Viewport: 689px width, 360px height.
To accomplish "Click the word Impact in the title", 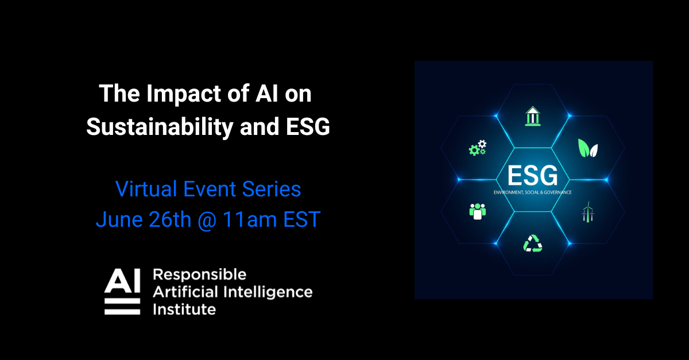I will pos(176,94).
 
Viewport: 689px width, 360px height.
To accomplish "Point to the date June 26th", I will pos(143,219).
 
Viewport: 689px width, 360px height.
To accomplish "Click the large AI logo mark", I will pos(122,291).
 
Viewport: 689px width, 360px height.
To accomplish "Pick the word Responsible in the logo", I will pos(199,274).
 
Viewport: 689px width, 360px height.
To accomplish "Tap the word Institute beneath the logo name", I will pos(184,309).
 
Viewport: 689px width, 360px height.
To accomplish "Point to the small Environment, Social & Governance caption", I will pos(532,192).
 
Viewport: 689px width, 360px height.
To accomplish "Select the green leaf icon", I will pos(587,149).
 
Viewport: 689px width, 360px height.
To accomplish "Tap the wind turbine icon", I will pos(587,212).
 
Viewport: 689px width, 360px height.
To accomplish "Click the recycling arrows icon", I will pos(532,243).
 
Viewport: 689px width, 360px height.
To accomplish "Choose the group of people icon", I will pos(477,211).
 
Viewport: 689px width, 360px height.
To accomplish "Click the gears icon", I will pos(477,148).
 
